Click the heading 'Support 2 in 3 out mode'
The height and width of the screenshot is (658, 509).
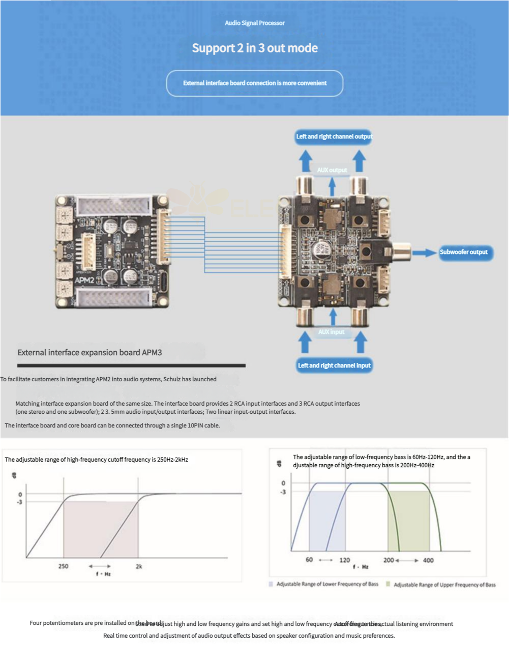[x=255, y=48]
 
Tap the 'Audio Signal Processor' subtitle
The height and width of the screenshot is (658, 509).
[x=255, y=23]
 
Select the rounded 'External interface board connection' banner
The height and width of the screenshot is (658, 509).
[x=255, y=83]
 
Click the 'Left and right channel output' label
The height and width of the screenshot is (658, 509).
[x=334, y=136]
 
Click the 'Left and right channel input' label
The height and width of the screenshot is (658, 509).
[x=334, y=365]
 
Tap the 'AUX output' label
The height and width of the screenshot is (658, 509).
[x=332, y=170]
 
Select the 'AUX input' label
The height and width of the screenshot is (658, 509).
[x=332, y=332]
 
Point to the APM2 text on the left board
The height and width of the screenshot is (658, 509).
[x=84, y=280]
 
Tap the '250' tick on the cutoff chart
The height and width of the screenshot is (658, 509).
[x=63, y=566]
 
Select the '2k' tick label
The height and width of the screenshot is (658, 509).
[x=139, y=566]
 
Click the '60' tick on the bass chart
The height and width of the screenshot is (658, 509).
[x=309, y=560]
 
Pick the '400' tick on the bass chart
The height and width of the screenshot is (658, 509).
[x=428, y=560]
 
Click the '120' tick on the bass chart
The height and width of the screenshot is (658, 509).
[x=345, y=560]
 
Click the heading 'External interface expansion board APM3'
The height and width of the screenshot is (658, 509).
[x=89, y=352]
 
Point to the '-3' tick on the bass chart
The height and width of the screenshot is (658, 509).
[x=283, y=492]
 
